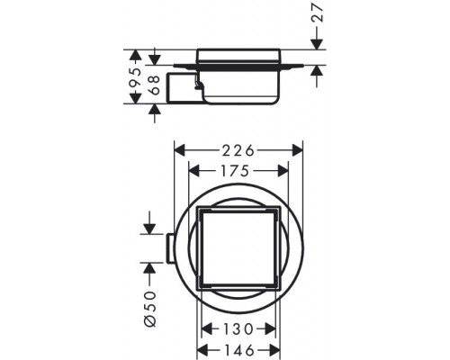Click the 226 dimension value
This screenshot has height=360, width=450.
pyautogui.click(x=238, y=151)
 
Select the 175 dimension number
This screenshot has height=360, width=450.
pyautogui.click(x=235, y=171)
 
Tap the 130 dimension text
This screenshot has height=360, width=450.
pyautogui.click(x=238, y=329)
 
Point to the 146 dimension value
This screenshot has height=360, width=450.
pyautogui.click(x=238, y=350)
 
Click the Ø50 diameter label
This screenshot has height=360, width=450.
pyautogui.click(x=149, y=309)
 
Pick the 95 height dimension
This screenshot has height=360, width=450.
pyautogui.click(x=135, y=77)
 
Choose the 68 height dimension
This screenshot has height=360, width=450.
pyautogui.click(x=155, y=85)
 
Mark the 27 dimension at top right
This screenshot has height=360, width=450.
pyautogui.click(x=317, y=13)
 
